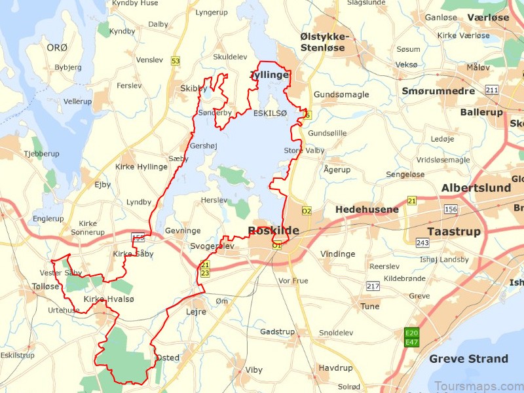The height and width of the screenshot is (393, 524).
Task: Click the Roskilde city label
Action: click(273, 231)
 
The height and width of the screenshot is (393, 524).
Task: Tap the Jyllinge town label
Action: click(269, 75)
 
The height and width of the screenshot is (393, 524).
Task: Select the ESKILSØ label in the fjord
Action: click(270, 113)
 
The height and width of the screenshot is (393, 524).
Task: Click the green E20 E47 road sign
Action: click(412, 337)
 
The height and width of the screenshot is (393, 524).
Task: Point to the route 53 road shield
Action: click(175, 61)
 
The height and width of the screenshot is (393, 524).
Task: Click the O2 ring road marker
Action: click(307, 211)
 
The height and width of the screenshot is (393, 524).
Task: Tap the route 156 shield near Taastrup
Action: click(451, 209)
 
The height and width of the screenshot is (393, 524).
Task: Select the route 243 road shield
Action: click(422, 243)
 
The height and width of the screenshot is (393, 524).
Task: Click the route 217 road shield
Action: click(373, 286)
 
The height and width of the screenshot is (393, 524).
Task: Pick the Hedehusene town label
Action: click(367, 210)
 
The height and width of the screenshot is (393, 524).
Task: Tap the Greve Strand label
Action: click(468, 359)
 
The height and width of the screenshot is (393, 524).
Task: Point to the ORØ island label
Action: click(57, 47)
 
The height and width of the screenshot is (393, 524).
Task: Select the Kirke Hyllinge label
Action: click(141, 167)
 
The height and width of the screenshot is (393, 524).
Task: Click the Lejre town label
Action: click(196, 312)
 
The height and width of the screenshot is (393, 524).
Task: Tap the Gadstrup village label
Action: click(277, 332)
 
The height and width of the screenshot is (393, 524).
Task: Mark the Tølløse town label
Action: click(45, 287)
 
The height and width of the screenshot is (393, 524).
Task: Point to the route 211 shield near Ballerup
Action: click(491, 89)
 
